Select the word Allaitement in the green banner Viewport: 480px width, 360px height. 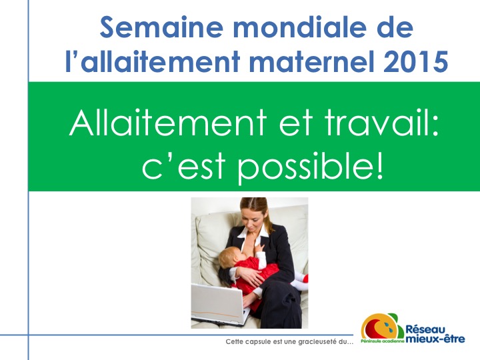pos(168,123)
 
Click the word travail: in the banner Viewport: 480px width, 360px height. pos(382,123)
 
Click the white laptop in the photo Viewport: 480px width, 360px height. pos(220,305)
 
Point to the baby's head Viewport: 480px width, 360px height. pos(231,257)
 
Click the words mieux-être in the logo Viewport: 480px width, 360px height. pos(435,339)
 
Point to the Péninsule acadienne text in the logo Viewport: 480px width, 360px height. pos(383,341)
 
